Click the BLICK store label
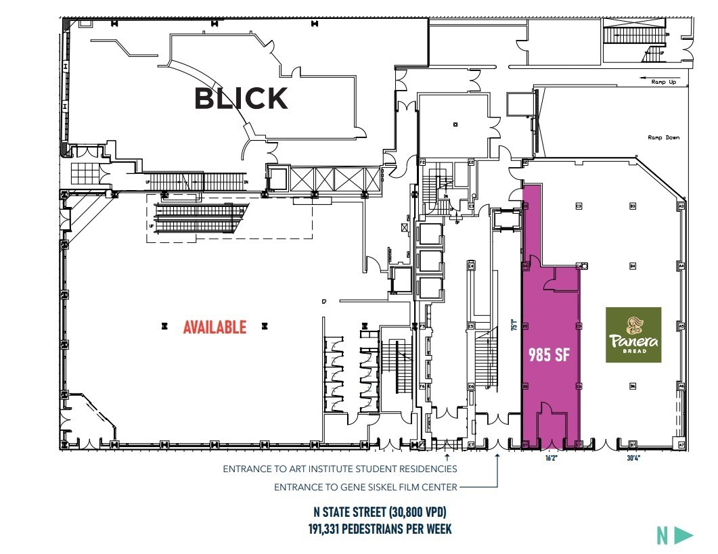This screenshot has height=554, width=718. [x=241, y=99]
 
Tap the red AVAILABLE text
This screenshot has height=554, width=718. [x=215, y=327]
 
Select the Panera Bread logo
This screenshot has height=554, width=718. [x=633, y=335]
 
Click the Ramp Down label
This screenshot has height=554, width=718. [x=663, y=137]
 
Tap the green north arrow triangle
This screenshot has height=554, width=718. [x=684, y=536]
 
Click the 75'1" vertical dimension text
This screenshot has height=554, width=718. [x=514, y=325]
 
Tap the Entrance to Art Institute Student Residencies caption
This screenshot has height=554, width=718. [x=340, y=469]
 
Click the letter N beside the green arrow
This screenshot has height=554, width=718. [x=663, y=536]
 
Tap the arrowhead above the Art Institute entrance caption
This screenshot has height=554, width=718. [x=447, y=458]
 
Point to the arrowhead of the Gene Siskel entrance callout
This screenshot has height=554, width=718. [x=498, y=458]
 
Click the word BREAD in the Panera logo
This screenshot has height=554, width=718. [x=633, y=351]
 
